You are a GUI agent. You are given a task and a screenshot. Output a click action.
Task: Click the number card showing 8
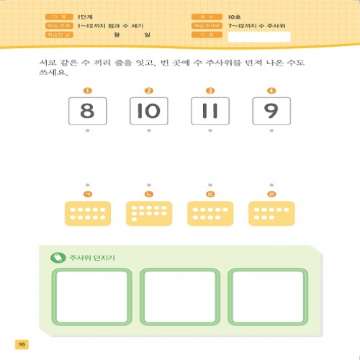pos(87,111)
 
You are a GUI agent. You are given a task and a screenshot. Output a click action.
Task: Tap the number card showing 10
pos(148,111)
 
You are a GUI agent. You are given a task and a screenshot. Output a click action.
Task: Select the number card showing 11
pos(210,111)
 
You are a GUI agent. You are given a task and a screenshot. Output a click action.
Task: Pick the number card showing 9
pos(271,111)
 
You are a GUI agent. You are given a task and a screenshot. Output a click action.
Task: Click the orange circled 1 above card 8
pos(87,91)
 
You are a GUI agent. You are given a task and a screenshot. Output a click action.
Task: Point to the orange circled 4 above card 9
pos(271,91)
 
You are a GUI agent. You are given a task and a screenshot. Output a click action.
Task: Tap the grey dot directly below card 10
pos(148,131)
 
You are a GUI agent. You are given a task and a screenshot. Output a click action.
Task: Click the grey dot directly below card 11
pos(210,131)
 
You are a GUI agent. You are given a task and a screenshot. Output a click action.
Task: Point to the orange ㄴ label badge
pos(148,194)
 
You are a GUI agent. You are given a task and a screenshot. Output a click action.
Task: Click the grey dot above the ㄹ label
pos(271,185)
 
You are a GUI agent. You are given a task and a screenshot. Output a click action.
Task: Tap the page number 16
pos(22,344)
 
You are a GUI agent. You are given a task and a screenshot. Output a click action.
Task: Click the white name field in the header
pos(269,37)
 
